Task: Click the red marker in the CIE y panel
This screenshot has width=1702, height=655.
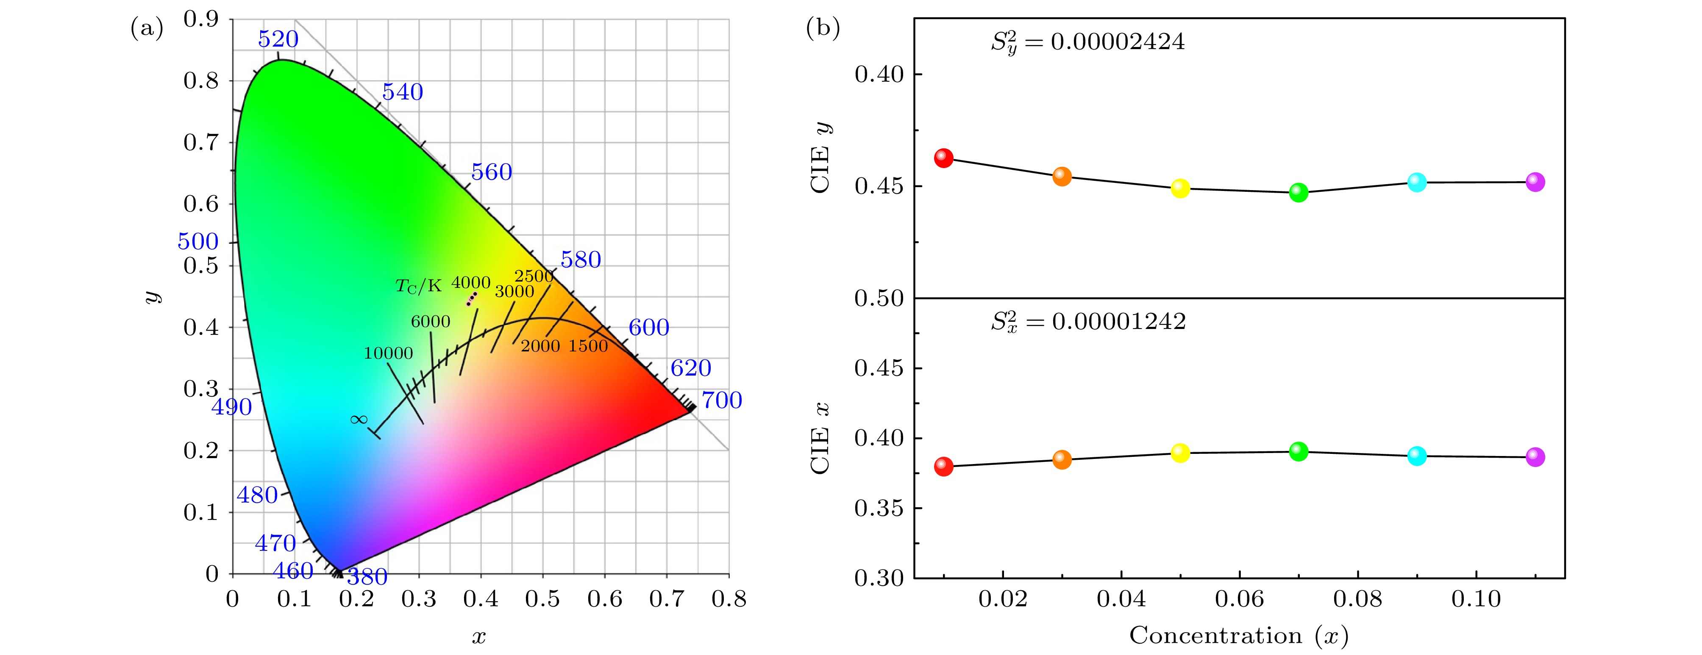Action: click(x=943, y=158)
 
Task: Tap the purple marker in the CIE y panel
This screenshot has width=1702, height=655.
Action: click(x=1535, y=182)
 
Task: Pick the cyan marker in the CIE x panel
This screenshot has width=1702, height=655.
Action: click(x=1417, y=456)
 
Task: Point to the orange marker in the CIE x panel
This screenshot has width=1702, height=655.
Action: click(x=1062, y=459)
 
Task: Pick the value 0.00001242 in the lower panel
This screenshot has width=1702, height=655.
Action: click(x=1118, y=321)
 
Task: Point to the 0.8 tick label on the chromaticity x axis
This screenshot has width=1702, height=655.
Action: click(x=729, y=599)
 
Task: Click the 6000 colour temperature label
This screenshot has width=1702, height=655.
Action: click(x=430, y=321)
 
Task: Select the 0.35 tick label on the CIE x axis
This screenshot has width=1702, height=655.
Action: click(x=878, y=509)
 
